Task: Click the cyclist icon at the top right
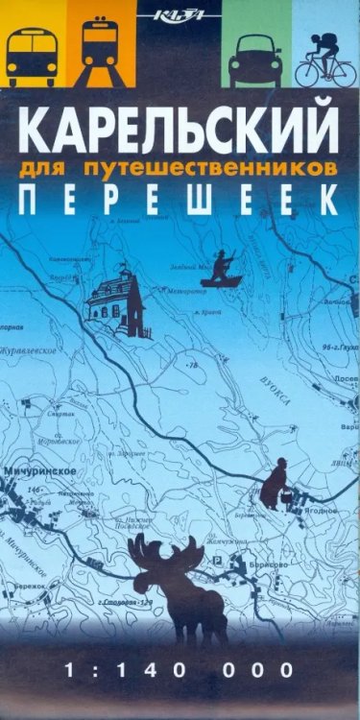pos(323,57)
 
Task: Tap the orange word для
pos(65,167)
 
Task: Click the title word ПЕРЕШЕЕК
pos(180,200)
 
